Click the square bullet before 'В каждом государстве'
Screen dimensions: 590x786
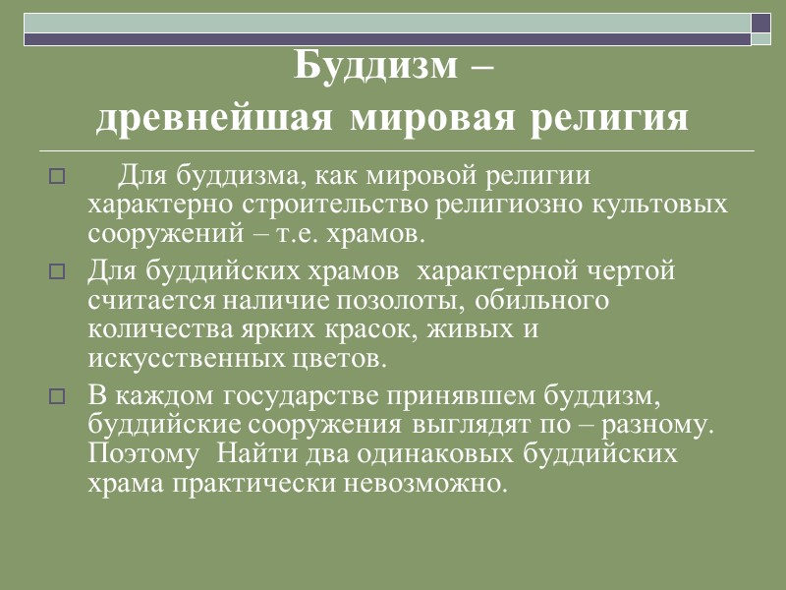click(56, 397)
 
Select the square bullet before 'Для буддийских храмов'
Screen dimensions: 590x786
click(56, 270)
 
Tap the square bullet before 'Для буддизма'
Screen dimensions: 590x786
click(56, 178)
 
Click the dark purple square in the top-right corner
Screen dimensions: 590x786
click(760, 22)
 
